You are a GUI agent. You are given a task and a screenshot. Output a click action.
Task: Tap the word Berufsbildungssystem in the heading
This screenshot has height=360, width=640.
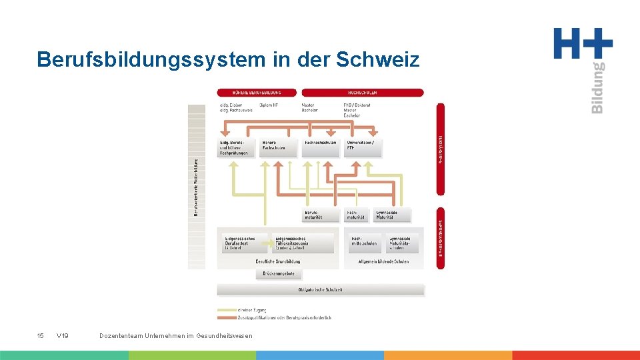pos(151,59)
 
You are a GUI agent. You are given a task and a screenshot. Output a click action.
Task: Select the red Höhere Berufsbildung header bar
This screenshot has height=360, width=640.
pos(257,93)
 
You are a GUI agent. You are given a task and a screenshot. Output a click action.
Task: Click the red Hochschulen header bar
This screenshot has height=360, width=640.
pos(363,93)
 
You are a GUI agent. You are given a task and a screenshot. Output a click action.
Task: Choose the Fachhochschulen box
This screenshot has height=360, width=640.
pos(321,147)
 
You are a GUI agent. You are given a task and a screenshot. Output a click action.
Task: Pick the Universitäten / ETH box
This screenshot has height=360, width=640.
pos(363,147)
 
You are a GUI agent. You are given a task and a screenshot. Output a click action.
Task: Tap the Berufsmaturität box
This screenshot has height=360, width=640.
pos(321,215)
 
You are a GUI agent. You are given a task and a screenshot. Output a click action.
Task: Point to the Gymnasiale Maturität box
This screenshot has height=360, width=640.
pos(393,215)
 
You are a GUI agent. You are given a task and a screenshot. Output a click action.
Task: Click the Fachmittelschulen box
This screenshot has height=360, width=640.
pos(364,243)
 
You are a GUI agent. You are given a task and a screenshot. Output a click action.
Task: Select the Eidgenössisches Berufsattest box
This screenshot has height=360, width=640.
pos(242,243)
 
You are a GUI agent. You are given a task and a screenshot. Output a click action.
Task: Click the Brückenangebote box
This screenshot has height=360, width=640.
pos(279,273)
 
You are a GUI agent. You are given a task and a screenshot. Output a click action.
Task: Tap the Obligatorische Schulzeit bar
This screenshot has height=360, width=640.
pos(321,289)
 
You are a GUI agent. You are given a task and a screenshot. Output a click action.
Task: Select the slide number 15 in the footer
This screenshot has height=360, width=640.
pos(40,335)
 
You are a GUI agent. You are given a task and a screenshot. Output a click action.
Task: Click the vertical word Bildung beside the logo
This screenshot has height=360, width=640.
pos(597,87)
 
